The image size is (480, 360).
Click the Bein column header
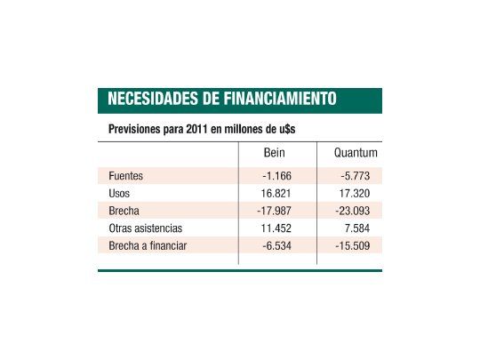click(x=275, y=153)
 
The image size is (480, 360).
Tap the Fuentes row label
click(x=125, y=176)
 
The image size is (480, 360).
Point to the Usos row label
click(x=119, y=193)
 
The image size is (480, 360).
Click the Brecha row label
click(x=124, y=211)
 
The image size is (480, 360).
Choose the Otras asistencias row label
click(x=145, y=228)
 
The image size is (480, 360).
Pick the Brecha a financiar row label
click(x=147, y=245)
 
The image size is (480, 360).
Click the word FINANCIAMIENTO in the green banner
click(x=279, y=99)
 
